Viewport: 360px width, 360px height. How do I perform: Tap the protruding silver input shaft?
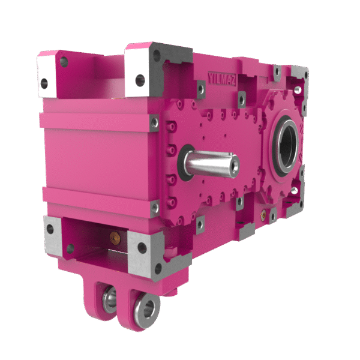[x=212, y=163]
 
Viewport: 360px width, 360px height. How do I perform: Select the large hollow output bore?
[x=286, y=145]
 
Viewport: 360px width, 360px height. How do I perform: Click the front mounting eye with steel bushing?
[x=147, y=309]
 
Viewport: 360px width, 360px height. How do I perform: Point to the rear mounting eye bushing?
[x=110, y=299]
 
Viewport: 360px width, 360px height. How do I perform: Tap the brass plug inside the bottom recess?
[x=115, y=238]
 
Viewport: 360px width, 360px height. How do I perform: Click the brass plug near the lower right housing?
[x=263, y=215]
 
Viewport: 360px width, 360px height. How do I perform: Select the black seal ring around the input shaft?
[x=184, y=163]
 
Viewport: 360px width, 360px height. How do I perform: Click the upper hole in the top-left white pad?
[x=64, y=62]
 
